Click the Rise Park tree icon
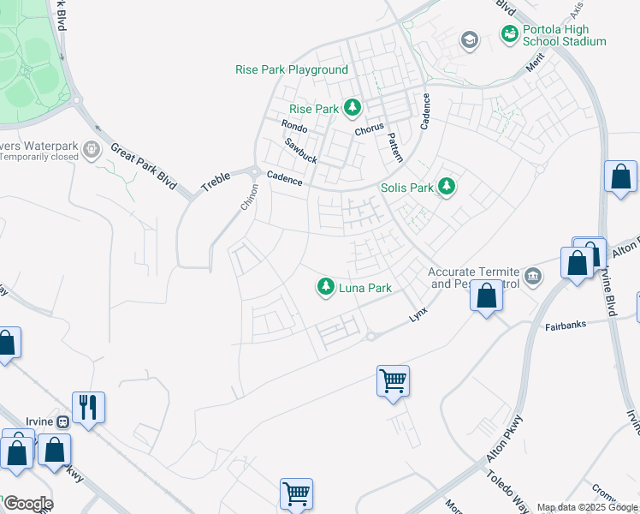tap(352, 108)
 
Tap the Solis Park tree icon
tap(445, 187)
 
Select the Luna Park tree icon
tap(325, 288)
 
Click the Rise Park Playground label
tap(292, 69)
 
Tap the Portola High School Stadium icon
tap(510, 33)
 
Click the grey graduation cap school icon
tap(469, 39)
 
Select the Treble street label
tap(216, 178)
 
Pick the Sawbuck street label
tap(301, 152)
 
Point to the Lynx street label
tap(418, 314)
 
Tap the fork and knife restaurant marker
tap(89, 406)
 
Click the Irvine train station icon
tap(62, 421)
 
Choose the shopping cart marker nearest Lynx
tap(393, 380)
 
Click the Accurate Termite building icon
tap(534, 275)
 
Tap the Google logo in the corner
tap(27, 504)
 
